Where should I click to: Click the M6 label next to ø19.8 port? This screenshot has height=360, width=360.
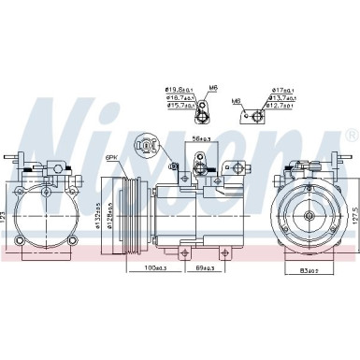pyautogui.click(x=213, y=88)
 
